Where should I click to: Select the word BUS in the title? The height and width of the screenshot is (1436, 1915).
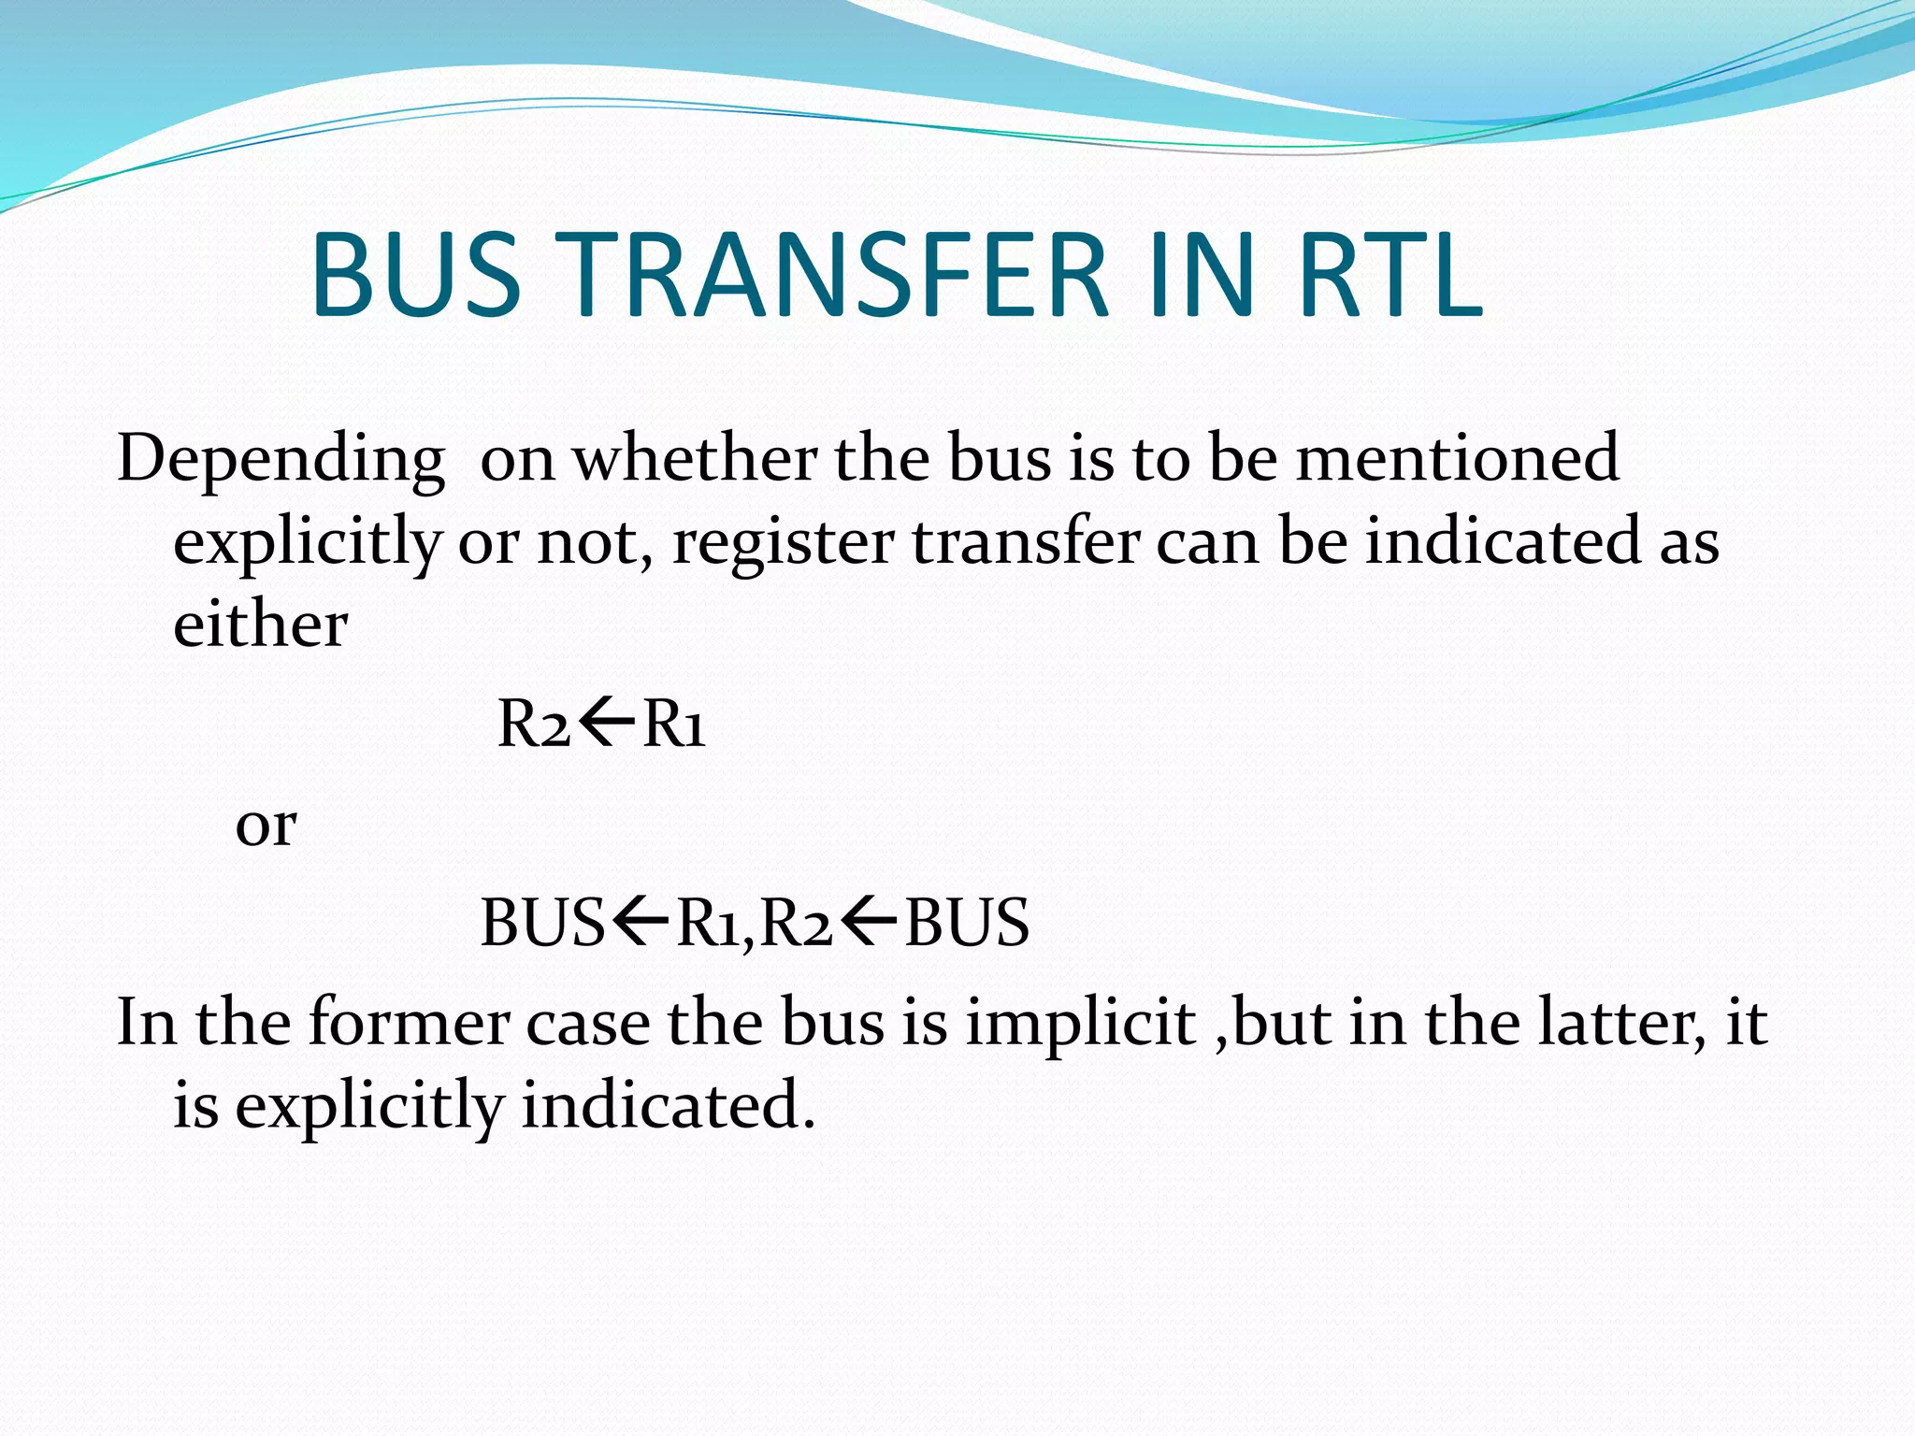415,276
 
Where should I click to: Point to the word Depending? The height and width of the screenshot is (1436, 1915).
281,460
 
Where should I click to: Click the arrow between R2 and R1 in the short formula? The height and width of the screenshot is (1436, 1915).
606,723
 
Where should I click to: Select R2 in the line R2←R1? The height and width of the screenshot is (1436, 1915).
534,724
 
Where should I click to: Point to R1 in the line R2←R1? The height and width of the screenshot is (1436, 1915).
674,724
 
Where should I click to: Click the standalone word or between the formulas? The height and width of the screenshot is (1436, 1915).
266,825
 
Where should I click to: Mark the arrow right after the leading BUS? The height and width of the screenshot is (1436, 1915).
641,922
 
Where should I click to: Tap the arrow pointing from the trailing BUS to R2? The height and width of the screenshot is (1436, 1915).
869,922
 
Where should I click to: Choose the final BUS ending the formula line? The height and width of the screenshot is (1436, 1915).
967,923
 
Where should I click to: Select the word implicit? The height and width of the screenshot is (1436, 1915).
1081,1022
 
